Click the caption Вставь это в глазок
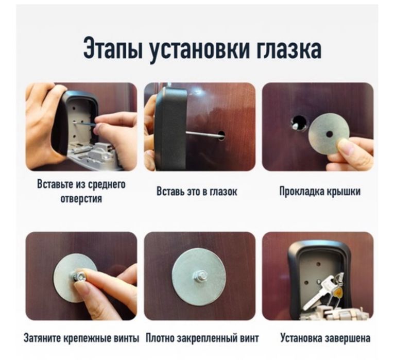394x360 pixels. click(197, 192)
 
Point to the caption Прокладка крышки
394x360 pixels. click(319, 192)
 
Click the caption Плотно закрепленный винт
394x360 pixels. click(202, 338)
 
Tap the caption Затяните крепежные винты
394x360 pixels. click(81, 338)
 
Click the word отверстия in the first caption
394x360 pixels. click(81, 199)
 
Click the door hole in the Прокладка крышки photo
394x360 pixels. click(298, 123)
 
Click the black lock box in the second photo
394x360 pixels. click(170, 129)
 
